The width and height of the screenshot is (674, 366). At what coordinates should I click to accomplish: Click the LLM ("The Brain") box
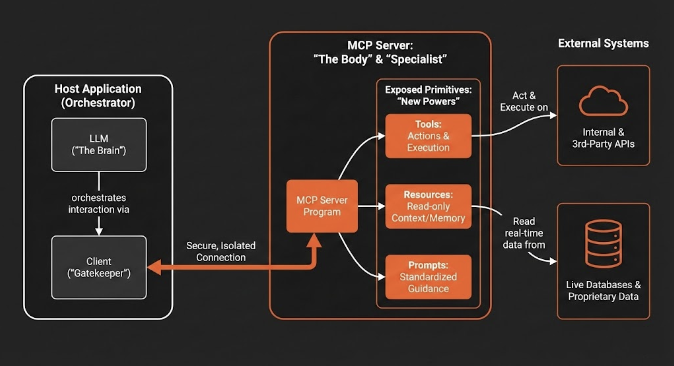click(x=99, y=145)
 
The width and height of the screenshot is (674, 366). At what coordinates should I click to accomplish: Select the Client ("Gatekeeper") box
click(x=99, y=267)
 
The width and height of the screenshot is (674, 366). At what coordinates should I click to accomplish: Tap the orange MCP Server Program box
click(x=322, y=206)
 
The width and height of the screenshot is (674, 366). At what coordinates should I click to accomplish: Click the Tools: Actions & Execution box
click(x=428, y=136)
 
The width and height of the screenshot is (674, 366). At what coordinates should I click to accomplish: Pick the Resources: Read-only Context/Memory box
click(x=428, y=206)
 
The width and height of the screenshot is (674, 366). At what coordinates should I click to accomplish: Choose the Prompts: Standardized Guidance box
click(x=428, y=277)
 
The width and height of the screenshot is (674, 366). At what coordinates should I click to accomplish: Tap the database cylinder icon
click(x=603, y=244)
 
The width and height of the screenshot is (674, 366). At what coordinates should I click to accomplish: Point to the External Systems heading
click(x=603, y=43)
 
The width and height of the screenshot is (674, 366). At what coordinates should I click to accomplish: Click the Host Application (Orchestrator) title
click(x=98, y=96)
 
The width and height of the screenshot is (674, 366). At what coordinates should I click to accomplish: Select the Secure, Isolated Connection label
click(x=221, y=252)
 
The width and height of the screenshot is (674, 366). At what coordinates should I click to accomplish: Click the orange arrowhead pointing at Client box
click(x=154, y=267)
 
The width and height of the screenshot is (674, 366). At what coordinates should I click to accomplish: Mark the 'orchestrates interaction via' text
click(x=99, y=204)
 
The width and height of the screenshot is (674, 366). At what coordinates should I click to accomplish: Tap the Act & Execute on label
click(x=524, y=101)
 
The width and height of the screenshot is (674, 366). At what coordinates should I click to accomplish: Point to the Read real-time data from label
click(x=524, y=233)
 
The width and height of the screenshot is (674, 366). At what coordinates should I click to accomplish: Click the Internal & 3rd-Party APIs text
click(x=603, y=138)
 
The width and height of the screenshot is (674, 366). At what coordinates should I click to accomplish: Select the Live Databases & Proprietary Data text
click(x=603, y=291)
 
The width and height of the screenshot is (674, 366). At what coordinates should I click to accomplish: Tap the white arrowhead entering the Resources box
click(x=382, y=207)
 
